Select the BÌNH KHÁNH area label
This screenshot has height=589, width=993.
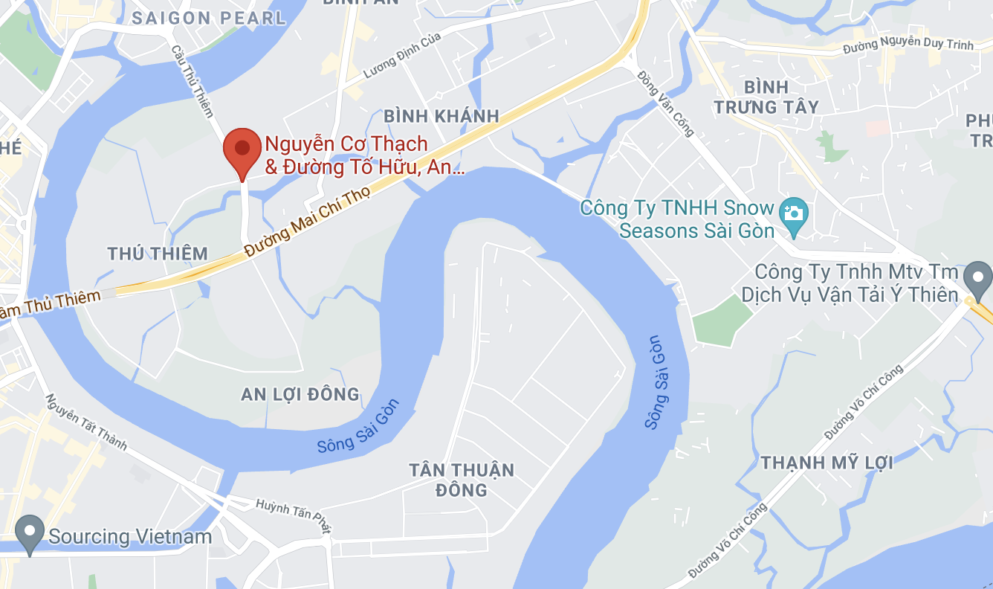point(441,116)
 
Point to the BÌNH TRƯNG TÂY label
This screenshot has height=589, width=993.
point(766,97)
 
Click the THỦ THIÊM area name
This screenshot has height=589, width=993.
point(158,254)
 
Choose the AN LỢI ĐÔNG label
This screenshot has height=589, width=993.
point(300,394)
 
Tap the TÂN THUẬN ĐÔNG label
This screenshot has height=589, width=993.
point(462,480)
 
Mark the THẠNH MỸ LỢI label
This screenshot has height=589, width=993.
point(826,463)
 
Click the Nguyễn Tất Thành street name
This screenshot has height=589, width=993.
point(85,422)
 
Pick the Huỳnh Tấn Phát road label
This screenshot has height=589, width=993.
point(292,515)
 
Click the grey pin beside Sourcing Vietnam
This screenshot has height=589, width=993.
point(30,532)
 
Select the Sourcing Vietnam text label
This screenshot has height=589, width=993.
point(130,536)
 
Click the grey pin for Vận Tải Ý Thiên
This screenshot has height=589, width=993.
point(977,278)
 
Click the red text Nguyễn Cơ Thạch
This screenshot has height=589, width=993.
point(346,144)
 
